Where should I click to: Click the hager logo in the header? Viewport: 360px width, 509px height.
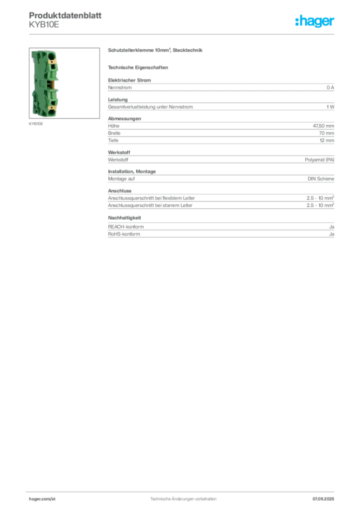point(315,21)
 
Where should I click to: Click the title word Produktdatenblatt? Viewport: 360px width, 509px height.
point(65,15)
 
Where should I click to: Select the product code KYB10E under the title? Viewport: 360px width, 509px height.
point(44,25)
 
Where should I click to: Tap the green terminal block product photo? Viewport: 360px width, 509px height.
point(45,83)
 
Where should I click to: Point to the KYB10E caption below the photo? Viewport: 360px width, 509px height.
point(36,124)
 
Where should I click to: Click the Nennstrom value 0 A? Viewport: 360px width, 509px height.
point(330,87)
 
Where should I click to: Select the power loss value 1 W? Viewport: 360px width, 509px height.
point(330,107)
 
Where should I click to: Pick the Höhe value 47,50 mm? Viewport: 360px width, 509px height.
point(323,126)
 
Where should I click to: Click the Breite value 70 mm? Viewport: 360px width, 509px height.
point(326,133)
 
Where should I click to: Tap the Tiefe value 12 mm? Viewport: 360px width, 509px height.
point(327,140)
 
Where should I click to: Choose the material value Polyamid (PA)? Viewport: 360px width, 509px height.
point(319,160)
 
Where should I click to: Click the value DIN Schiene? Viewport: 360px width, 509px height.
point(321,178)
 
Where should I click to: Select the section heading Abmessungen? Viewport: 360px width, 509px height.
point(124,118)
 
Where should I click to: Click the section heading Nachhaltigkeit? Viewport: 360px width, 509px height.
point(124,218)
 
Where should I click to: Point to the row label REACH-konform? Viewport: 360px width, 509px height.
point(126,227)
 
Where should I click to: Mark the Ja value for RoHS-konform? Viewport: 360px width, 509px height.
point(332,234)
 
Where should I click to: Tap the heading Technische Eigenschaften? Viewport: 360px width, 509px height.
point(138,68)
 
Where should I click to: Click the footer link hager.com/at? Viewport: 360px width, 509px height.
point(42,499)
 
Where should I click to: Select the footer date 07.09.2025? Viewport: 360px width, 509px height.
point(323,499)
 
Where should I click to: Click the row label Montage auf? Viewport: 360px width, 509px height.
point(121,178)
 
